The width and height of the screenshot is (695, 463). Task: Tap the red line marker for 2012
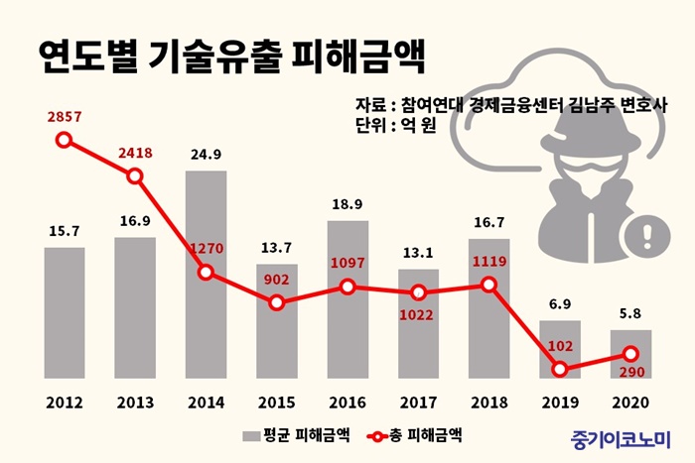[65, 140]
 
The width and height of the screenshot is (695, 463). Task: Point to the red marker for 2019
[560, 369]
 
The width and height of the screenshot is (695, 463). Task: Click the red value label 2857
[65, 117]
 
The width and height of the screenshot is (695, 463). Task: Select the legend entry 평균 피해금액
[288, 434]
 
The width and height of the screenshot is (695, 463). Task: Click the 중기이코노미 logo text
[622, 436]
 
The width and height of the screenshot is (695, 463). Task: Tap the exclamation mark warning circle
[649, 236]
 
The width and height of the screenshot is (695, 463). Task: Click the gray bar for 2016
[347, 298]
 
